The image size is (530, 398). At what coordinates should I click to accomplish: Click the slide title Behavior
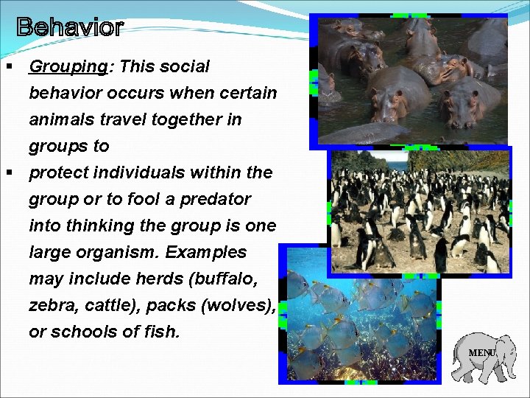pyautogui.click(x=70, y=28)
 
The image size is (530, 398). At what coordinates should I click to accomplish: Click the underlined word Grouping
pyautogui.click(x=68, y=67)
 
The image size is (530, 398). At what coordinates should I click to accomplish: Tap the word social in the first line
pyautogui.click(x=183, y=67)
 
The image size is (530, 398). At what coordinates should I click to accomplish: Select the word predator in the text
pyautogui.click(x=219, y=199)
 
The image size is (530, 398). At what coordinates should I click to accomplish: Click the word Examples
pyautogui.click(x=206, y=252)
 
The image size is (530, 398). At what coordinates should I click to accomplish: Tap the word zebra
pyautogui.click(x=51, y=305)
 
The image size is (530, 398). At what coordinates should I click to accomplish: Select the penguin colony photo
pyautogui.click(x=420, y=212)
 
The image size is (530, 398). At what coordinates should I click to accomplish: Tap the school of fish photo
pyautogui.click(x=361, y=317)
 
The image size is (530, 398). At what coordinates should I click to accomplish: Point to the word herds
pyautogui.click(x=159, y=279)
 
